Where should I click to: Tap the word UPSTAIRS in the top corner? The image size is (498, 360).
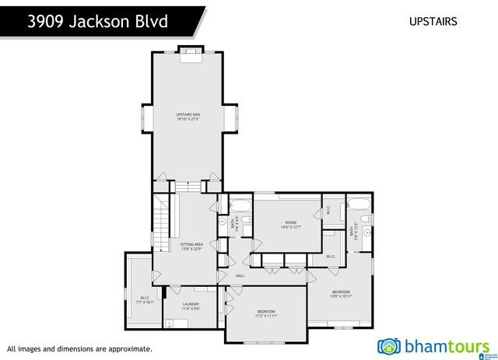433,22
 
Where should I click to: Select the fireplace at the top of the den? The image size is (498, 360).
189,54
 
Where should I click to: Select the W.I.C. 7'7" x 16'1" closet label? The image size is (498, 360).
145,299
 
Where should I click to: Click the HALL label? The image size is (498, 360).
240,275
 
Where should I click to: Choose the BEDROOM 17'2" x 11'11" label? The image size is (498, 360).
266,313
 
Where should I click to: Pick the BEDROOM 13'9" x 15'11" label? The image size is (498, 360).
341,294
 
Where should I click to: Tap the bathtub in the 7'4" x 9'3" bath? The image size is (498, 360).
240,206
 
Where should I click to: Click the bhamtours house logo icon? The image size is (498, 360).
388,345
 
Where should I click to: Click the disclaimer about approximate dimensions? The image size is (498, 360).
79,349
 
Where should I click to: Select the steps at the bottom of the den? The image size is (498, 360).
189,187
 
